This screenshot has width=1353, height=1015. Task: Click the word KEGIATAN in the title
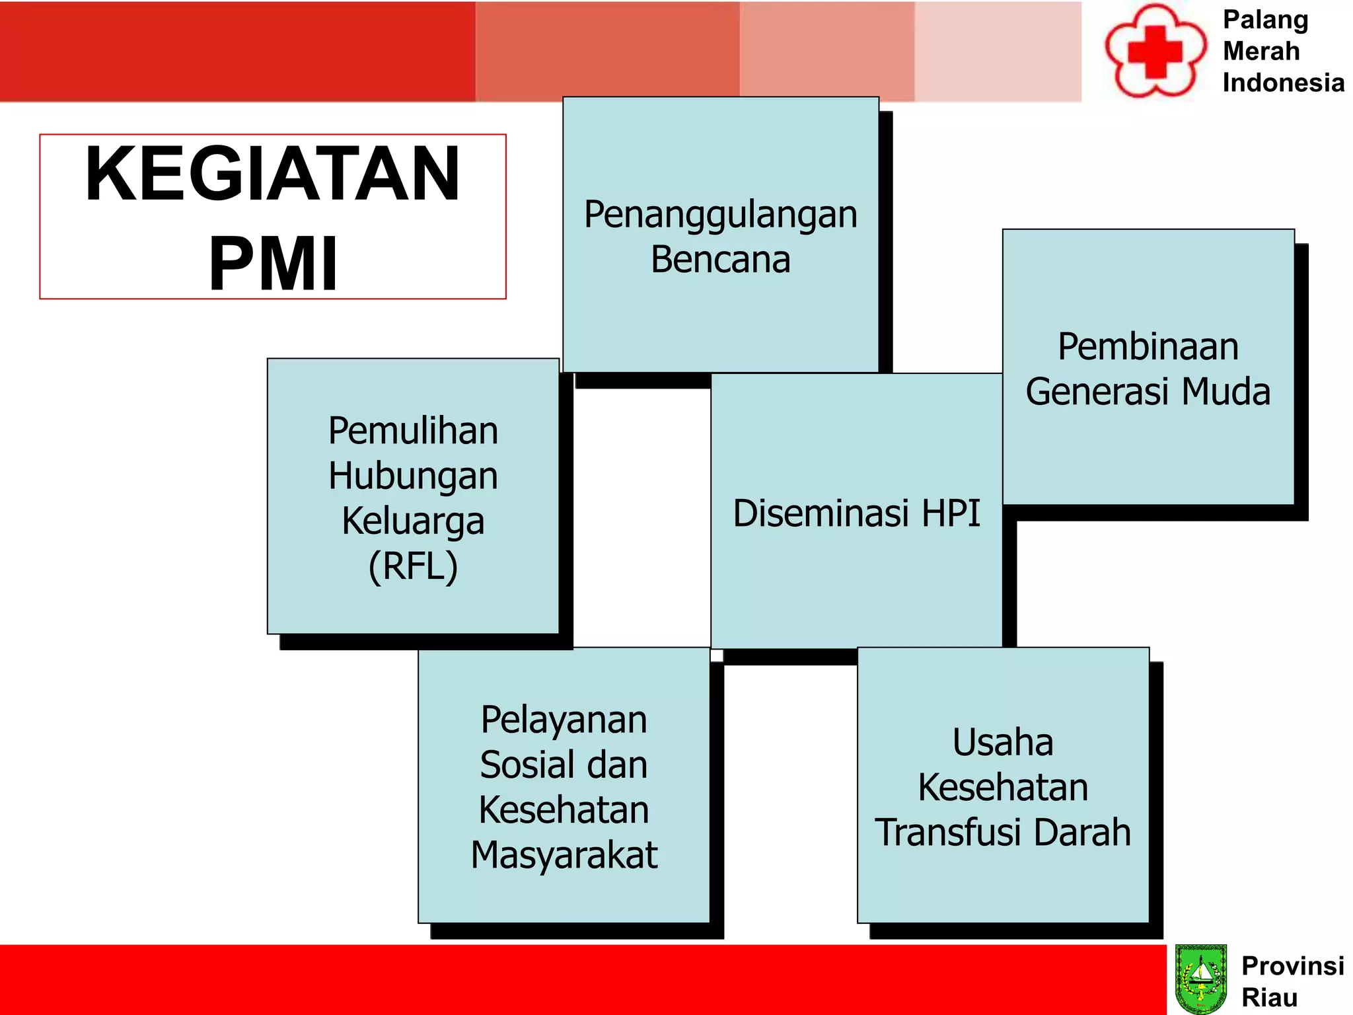point(272,174)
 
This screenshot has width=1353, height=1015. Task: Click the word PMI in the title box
point(273,264)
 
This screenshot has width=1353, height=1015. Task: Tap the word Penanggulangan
point(720,215)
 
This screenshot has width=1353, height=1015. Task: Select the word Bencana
point(720,260)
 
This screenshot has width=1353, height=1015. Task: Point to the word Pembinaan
point(1148,347)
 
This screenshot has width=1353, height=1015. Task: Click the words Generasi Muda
point(1148,391)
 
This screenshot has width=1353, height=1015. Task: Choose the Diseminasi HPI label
point(856,513)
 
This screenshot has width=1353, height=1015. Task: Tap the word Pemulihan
point(413,431)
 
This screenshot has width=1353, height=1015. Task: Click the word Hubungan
point(413,476)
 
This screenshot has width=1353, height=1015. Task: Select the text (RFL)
point(413,566)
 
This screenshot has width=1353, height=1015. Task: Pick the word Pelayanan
point(564,720)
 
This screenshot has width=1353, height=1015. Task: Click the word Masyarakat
point(564,855)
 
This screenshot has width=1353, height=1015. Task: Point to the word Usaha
point(1002,742)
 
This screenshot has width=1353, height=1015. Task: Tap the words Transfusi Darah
point(1002,832)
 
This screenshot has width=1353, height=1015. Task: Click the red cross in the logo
point(1154,52)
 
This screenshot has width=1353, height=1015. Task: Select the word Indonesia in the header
point(1283,83)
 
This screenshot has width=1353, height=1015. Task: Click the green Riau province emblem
point(1201,979)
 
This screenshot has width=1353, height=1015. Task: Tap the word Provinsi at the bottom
point(1292,965)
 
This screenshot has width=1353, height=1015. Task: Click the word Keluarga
point(413,521)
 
